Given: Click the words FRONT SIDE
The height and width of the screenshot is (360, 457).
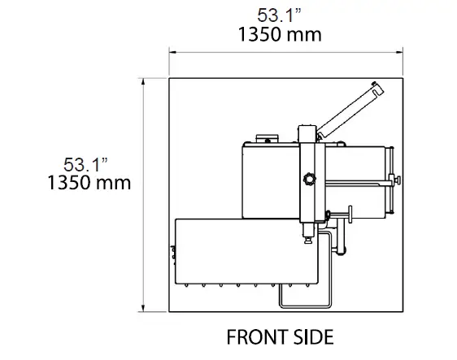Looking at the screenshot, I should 280,336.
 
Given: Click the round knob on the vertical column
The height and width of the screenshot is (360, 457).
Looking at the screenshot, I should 309,179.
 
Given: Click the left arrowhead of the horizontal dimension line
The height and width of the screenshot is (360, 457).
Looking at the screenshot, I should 172,50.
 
